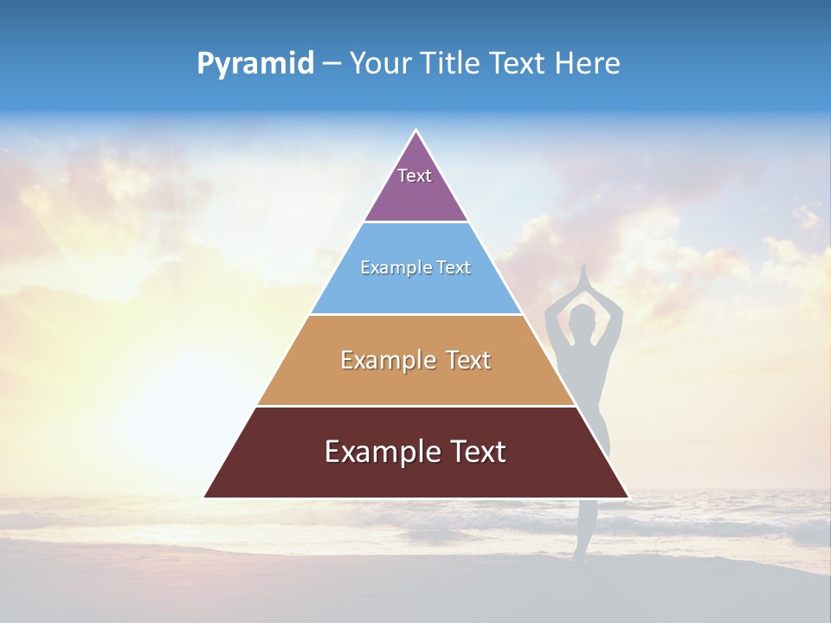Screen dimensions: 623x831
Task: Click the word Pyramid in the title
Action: (x=255, y=64)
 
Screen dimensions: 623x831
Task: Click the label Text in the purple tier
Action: (x=415, y=176)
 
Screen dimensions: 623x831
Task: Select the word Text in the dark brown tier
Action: (x=471, y=452)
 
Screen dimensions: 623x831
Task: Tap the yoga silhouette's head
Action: (x=585, y=317)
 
